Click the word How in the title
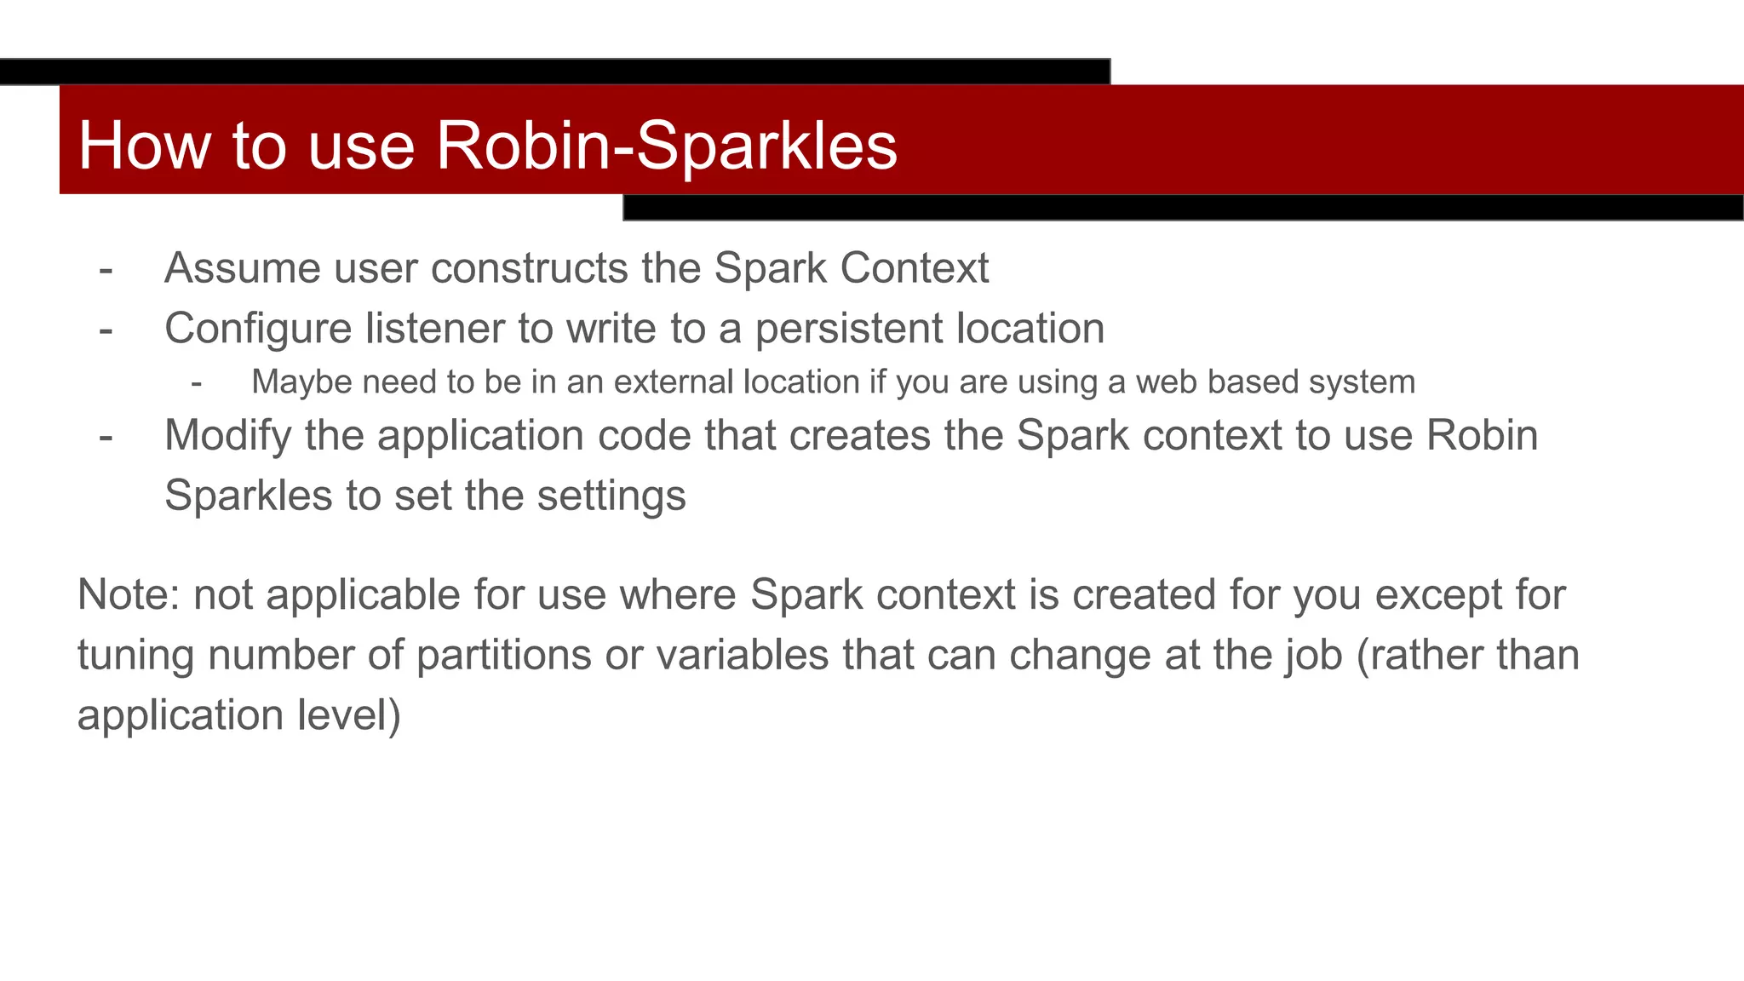pyautogui.click(x=144, y=146)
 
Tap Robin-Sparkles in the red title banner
pyautogui.click(x=667, y=146)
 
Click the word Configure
pyautogui.click(x=258, y=329)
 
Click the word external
pyautogui.click(x=675, y=382)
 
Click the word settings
pyautogui.click(x=611, y=496)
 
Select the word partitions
pyautogui.click(x=503, y=655)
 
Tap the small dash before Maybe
pyautogui.click(x=197, y=384)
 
